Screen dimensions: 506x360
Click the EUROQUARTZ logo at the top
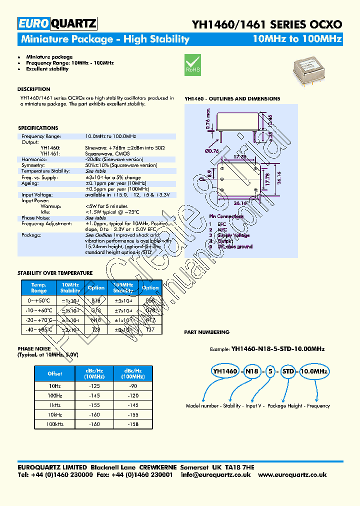(x=57, y=23)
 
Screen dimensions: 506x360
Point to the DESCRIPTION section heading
(x=34, y=89)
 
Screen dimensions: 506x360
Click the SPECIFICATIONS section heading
(x=38, y=128)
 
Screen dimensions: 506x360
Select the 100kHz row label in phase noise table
(x=54, y=424)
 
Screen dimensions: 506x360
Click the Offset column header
(x=54, y=373)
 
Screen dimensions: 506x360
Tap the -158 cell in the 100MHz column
(x=132, y=424)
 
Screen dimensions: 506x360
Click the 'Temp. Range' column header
(x=39, y=287)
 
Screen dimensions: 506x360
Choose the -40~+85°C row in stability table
(x=39, y=329)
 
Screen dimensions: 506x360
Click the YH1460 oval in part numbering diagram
(x=226, y=371)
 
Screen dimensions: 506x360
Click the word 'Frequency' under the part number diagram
(x=318, y=406)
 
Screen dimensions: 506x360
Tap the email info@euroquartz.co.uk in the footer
(x=216, y=475)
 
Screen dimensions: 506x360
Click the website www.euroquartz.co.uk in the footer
(x=292, y=475)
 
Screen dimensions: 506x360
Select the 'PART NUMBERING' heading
(x=207, y=332)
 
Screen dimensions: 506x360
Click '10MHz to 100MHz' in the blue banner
(x=297, y=39)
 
